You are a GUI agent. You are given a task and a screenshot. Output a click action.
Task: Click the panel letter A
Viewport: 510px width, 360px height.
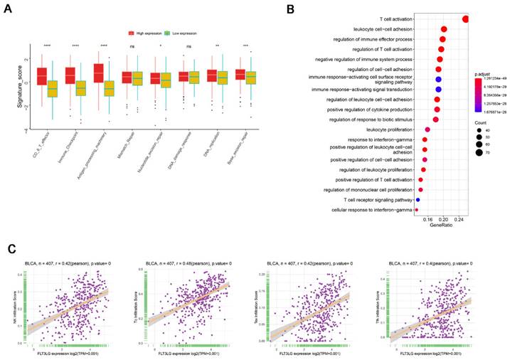tap(11, 9)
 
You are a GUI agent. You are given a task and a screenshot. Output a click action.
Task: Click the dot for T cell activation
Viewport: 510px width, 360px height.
tap(465, 19)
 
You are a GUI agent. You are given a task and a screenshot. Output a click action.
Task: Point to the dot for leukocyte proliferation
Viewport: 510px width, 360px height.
tap(427, 129)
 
